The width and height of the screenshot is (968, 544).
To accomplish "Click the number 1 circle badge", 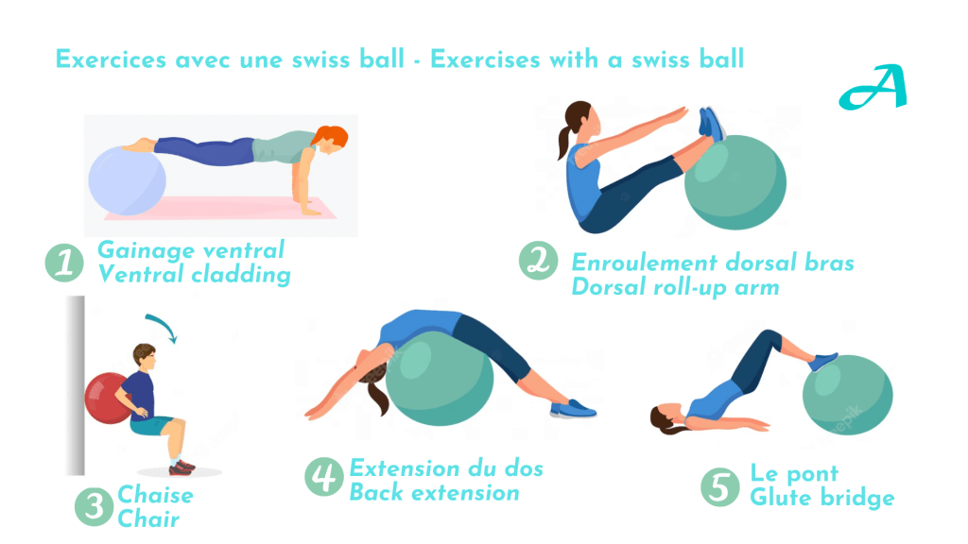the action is (65, 263).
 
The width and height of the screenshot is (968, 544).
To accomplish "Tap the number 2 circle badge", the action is (538, 261).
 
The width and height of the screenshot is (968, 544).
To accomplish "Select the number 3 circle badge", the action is (94, 506).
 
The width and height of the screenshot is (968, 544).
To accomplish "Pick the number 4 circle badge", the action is (324, 476).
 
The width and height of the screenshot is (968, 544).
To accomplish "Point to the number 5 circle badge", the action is (719, 487).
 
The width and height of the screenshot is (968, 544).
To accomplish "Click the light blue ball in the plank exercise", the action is (128, 180).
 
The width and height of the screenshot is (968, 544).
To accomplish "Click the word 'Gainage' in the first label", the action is (146, 251).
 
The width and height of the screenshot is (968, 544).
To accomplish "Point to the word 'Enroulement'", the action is (643, 263).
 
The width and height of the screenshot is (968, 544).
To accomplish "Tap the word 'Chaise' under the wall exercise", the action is (156, 495).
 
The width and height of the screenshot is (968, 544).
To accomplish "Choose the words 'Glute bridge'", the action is (822, 498).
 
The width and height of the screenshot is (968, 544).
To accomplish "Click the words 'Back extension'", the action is (435, 493).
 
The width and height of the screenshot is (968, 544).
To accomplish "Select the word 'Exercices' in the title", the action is (112, 59).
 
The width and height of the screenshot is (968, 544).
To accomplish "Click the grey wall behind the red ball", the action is (76, 385).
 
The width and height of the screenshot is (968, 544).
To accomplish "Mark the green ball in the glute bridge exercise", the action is (848, 395).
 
